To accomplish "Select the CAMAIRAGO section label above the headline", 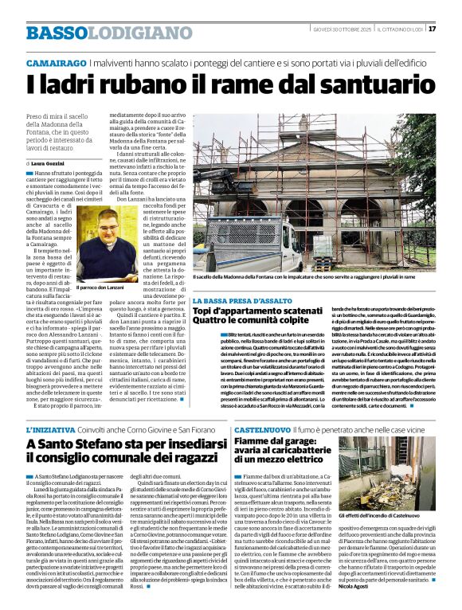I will tap(55, 62).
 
